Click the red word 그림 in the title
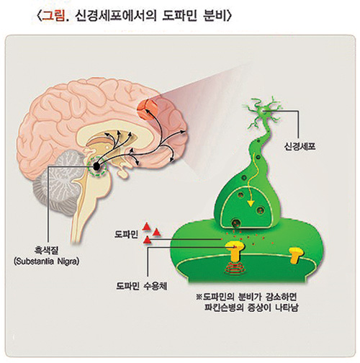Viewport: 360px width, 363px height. click(53, 17)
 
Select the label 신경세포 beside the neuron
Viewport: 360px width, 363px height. click(300, 146)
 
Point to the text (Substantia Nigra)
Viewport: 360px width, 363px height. click(47, 261)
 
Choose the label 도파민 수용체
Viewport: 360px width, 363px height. click(142, 286)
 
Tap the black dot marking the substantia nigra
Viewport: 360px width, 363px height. click(96, 166)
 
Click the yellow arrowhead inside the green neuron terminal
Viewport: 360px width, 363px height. click(251, 202)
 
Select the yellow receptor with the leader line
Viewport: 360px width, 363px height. click(235, 251)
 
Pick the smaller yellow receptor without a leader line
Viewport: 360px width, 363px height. click(296, 256)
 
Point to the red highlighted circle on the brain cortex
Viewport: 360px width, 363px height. click(147, 109)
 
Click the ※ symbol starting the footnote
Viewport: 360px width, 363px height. click(199, 297)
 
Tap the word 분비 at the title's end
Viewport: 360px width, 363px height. click(215, 17)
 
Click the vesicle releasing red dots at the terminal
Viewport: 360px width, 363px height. click(236, 223)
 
